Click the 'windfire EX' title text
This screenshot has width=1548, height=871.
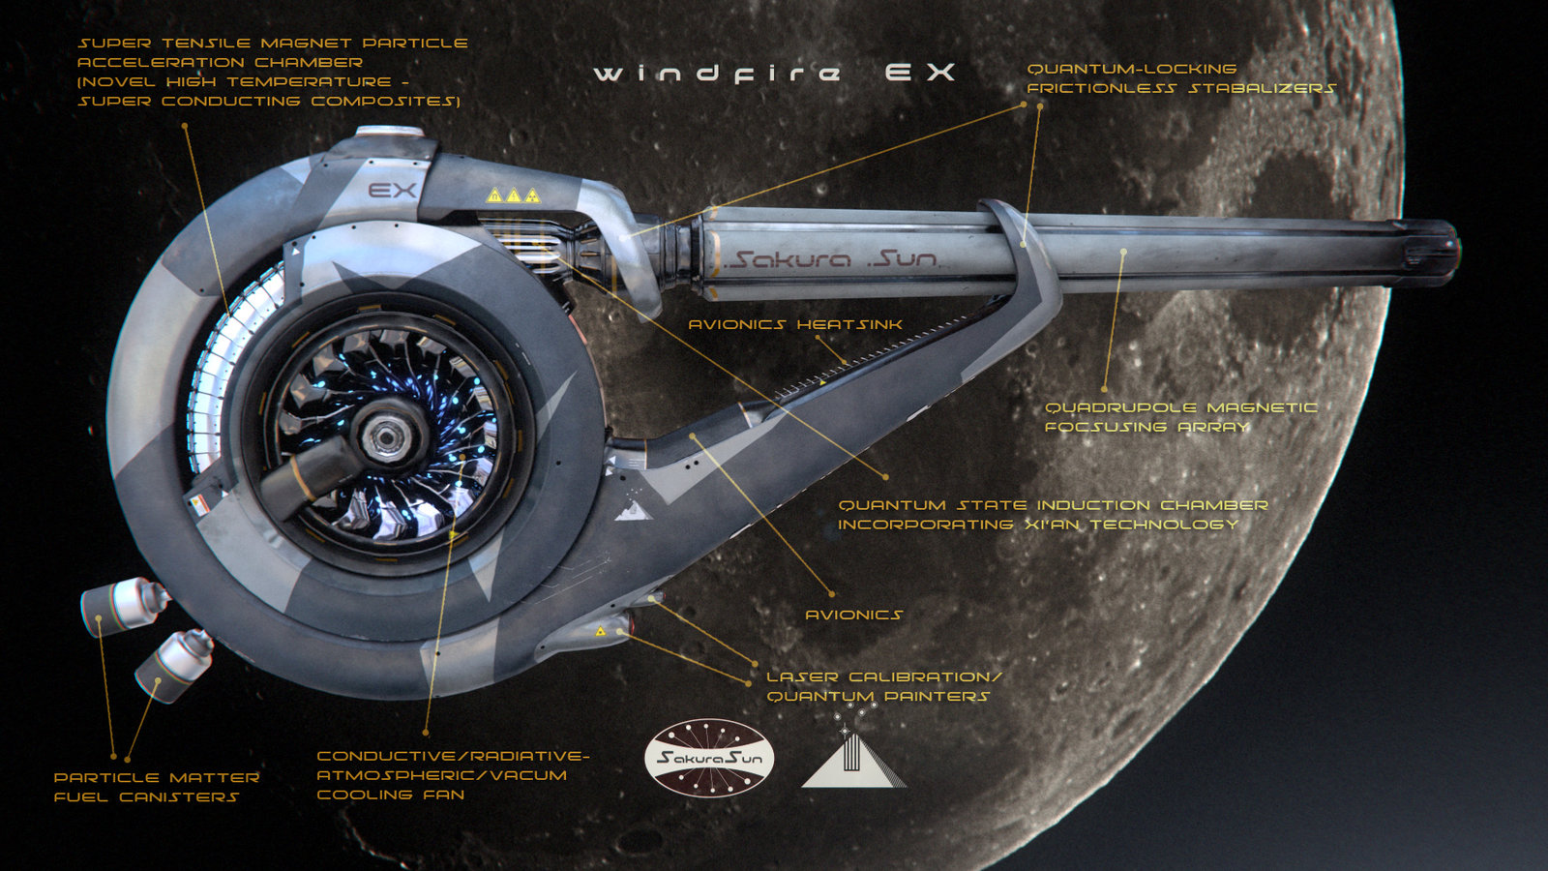click(774, 74)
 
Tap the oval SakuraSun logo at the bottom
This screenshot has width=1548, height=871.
click(709, 758)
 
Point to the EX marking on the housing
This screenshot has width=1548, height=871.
click(393, 190)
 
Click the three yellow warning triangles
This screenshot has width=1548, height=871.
click(513, 195)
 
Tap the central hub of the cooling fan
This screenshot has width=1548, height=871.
click(387, 436)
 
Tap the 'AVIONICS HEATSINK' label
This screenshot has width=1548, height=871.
click(795, 324)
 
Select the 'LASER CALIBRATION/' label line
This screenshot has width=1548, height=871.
click(883, 676)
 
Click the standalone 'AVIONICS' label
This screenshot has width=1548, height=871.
click(853, 615)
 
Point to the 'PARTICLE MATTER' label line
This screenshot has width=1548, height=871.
click(157, 777)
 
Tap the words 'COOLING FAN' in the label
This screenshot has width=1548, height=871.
click(391, 795)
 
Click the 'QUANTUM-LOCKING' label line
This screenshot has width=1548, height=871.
click(1131, 69)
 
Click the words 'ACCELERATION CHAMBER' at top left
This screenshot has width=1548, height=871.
click(220, 62)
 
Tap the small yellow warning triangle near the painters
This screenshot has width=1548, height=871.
click(600, 631)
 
